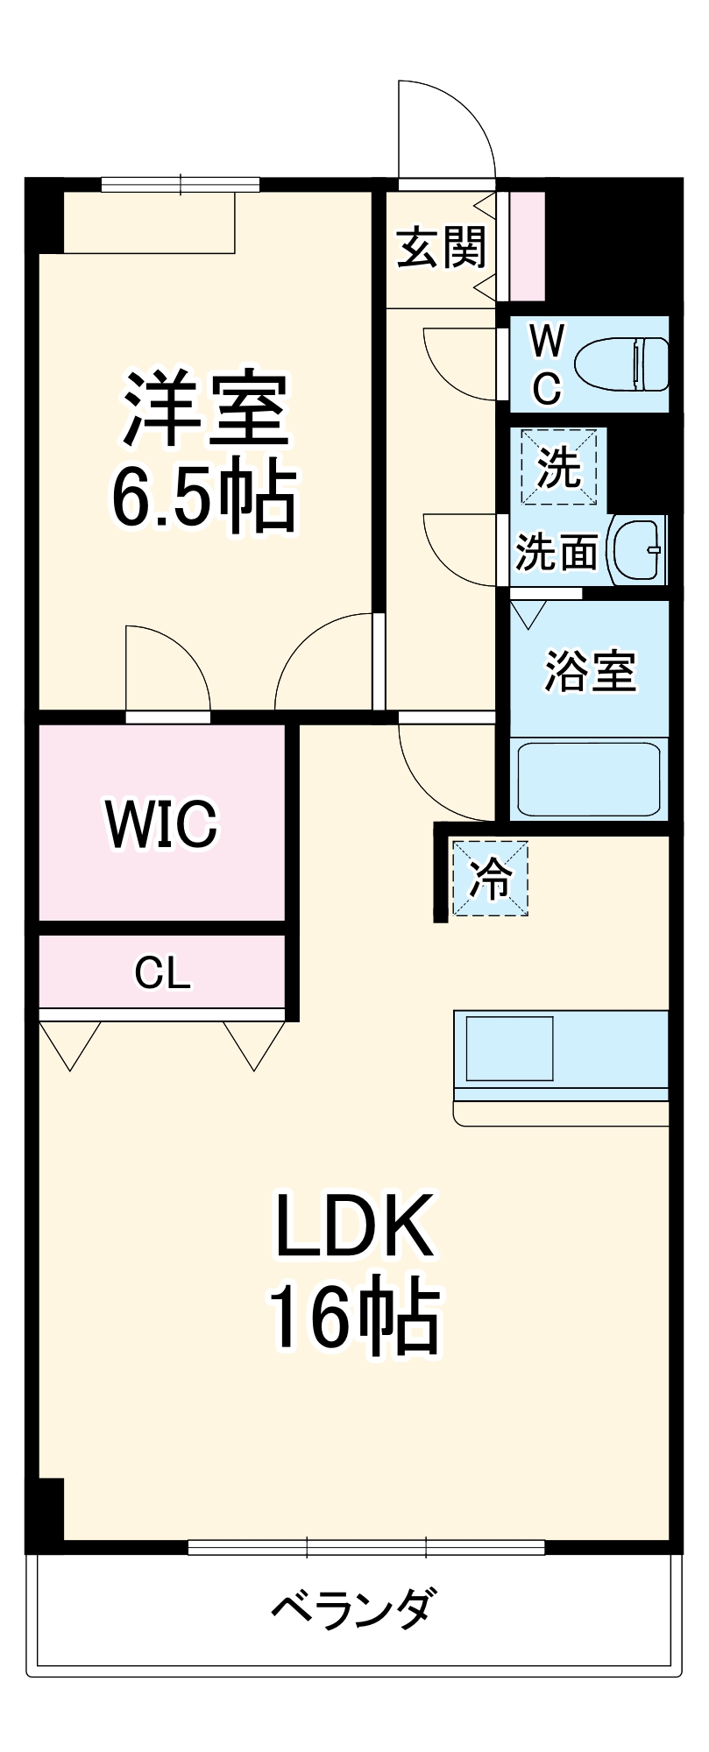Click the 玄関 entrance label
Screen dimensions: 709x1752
pyautogui.click(x=442, y=247)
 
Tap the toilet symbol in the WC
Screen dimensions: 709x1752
pyautogui.click(x=621, y=364)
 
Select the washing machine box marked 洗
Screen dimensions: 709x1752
pyautogui.click(x=558, y=467)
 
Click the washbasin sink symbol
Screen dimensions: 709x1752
pyautogui.click(x=639, y=549)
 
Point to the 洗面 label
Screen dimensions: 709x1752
pyautogui.click(x=557, y=553)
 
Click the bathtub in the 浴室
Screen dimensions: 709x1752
pyautogui.click(x=588, y=779)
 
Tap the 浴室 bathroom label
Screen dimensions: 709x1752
pyautogui.click(x=590, y=672)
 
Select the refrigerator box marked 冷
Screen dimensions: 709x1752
pyautogui.click(x=490, y=878)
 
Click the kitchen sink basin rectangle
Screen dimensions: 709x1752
pyautogui.click(x=509, y=1048)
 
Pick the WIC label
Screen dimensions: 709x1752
pyautogui.click(x=161, y=823)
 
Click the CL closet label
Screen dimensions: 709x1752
pyautogui.click(x=162, y=972)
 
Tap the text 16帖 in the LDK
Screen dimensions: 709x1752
pyautogui.click(x=354, y=1317)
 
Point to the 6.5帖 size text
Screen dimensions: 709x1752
pyautogui.click(x=203, y=495)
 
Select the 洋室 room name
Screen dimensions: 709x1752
pyautogui.click(x=205, y=409)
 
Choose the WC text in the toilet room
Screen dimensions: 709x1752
pyautogui.click(x=548, y=364)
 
